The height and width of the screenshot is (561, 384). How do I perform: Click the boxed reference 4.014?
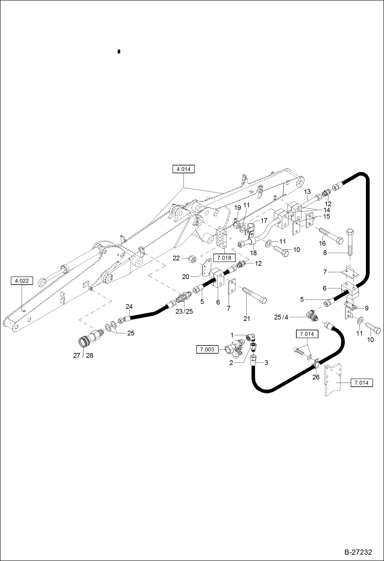pos(184,169)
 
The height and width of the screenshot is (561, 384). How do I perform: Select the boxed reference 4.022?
pos(22,281)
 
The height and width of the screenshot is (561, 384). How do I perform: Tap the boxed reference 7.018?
pos(224,258)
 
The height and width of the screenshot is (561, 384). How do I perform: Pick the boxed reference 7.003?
pos(207,349)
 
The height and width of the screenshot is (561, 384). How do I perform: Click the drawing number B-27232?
pos(358,552)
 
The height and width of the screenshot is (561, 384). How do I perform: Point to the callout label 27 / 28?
pos(83,355)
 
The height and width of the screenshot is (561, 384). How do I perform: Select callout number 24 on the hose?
pos(129,306)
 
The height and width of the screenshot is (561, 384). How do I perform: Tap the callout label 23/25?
pos(184,311)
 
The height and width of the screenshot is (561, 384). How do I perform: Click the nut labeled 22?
pos(193,259)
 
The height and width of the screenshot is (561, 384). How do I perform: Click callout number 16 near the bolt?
pos(322,243)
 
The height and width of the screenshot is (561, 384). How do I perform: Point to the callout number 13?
pos(307,192)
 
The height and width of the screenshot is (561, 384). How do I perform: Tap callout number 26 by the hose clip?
pos(316,377)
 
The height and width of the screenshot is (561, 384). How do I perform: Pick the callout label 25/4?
pos(281,317)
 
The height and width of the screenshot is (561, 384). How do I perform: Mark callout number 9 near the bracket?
pos(367,308)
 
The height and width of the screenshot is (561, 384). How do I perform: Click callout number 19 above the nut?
pos(238,207)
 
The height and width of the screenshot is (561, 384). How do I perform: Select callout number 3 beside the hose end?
pos(266,362)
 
